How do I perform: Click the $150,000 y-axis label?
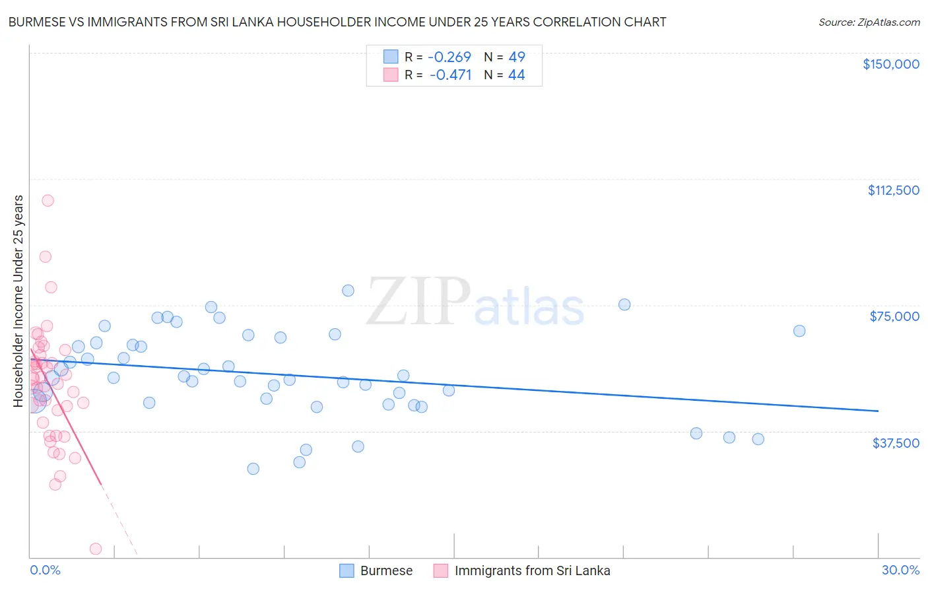[890, 64]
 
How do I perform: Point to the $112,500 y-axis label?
[893, 190]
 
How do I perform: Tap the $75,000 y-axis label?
[894, 316]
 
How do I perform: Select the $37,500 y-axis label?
[896, 443]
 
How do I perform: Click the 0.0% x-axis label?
[45, 570]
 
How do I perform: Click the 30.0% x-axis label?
[900, 570]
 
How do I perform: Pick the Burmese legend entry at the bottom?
[386, 571]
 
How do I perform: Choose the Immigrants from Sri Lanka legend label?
[532, 571]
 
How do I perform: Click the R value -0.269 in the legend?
[449, 57]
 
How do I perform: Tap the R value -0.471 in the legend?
[450, 75]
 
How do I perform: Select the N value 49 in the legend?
[517, 57]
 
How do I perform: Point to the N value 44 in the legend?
[516, 75]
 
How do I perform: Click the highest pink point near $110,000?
[48, 200]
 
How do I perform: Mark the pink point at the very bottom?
[96, 549]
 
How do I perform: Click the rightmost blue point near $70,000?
[799, 331]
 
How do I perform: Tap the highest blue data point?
[348, 291]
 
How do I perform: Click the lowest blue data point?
[253, 469]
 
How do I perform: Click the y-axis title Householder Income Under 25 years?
[18, 300]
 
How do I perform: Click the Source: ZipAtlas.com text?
[869, 22]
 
